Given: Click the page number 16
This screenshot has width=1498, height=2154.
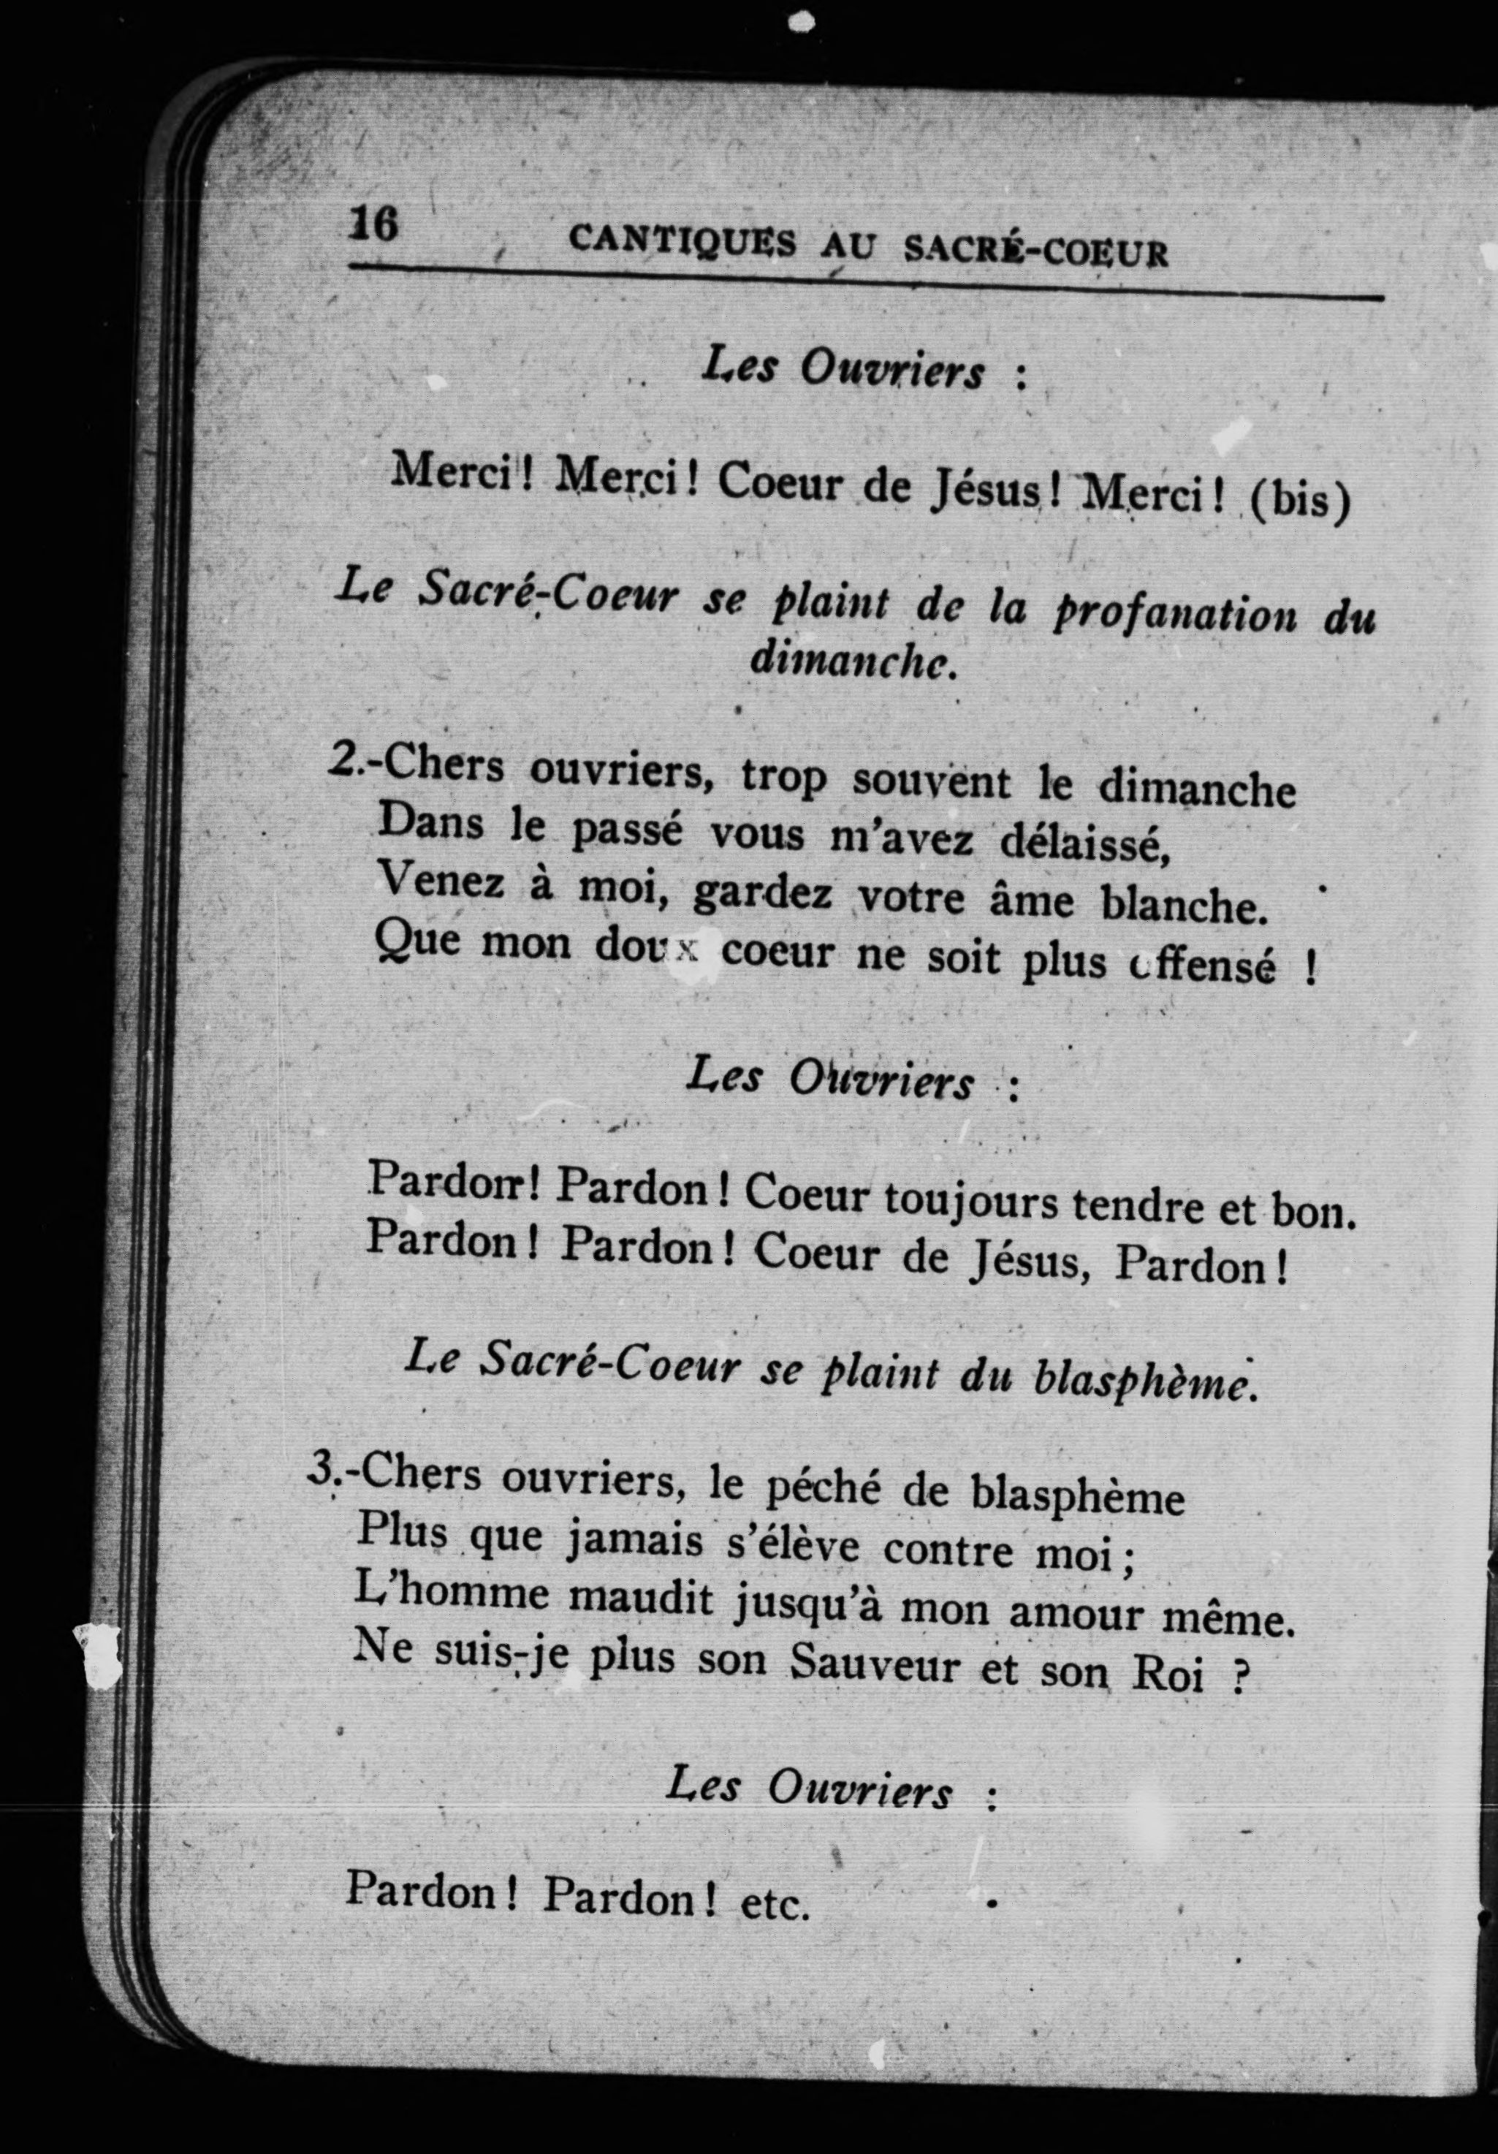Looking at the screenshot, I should (373, 225).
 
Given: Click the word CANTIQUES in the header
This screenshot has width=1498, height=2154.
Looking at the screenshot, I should (682, 243).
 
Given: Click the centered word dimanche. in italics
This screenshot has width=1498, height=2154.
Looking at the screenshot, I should (853, 661).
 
